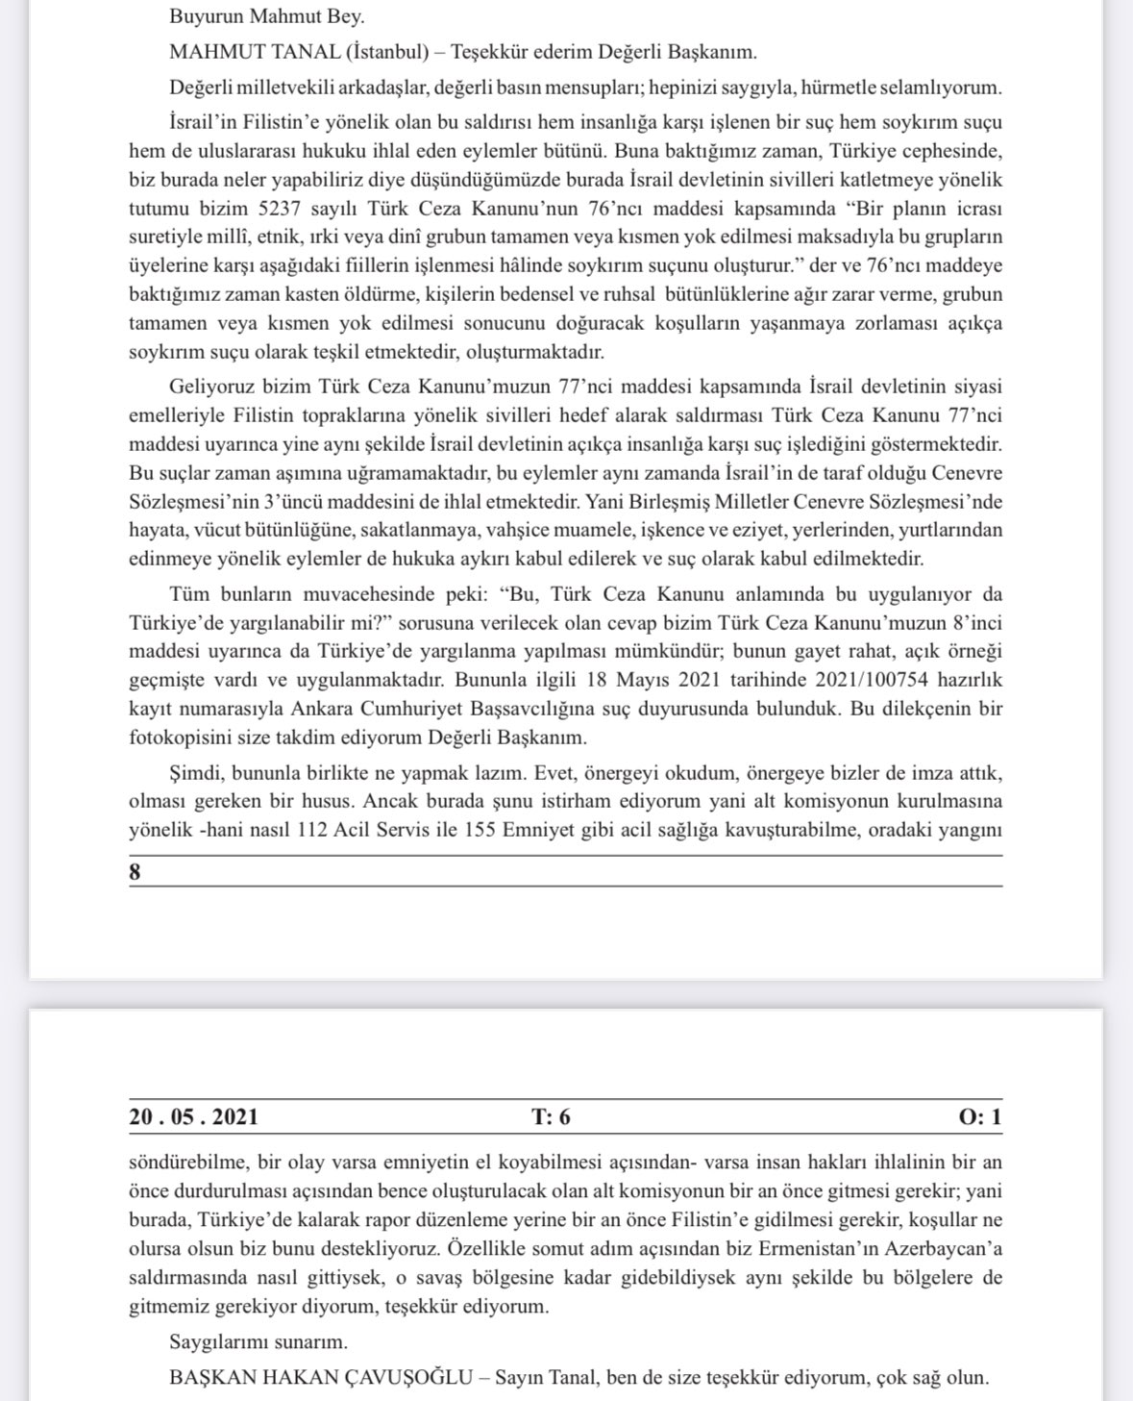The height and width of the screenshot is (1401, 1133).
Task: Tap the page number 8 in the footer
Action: coord(135,872)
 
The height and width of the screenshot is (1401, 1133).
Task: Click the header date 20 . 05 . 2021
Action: coord(193,1116)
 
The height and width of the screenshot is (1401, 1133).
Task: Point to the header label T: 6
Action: coord(551,1116)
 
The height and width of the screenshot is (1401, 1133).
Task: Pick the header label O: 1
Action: coord(979,1116)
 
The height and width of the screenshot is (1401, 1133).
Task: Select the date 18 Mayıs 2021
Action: coord(646,680)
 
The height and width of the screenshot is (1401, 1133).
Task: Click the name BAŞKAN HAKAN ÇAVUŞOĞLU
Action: coord(321,1377)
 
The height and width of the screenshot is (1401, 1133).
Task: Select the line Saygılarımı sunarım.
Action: coord(259,1341)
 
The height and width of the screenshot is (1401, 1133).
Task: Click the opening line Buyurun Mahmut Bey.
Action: coord(266,16)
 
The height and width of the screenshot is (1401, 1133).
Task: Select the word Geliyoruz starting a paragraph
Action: coord(211,387)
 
